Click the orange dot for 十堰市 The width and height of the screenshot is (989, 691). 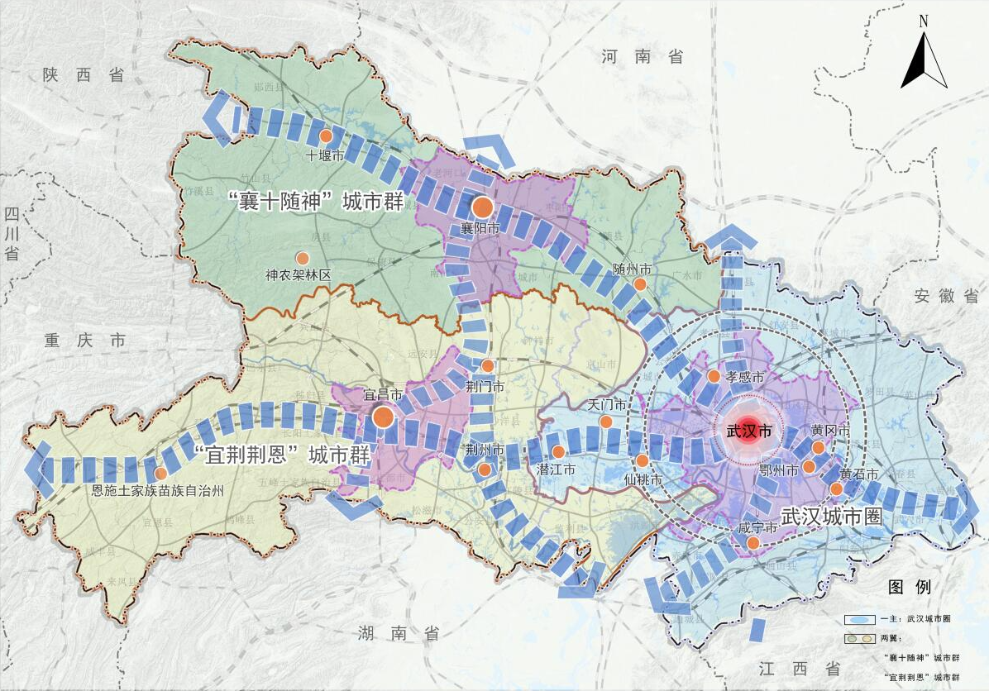(326, 136)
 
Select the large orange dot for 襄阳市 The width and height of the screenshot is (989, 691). (482, 207)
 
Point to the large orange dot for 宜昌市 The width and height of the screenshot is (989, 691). (383, 417)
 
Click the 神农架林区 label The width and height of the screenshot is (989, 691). (298, 274)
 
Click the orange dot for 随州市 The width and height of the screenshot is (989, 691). (639, 284)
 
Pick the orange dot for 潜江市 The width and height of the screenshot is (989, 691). (558, 452)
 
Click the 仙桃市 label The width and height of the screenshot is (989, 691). (643, 479)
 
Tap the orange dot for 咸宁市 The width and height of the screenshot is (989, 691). (753, 543)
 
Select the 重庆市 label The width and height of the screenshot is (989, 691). (85, 341)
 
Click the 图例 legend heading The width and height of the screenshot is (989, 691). (910, 588)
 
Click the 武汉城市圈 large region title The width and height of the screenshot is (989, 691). (831, 514)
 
